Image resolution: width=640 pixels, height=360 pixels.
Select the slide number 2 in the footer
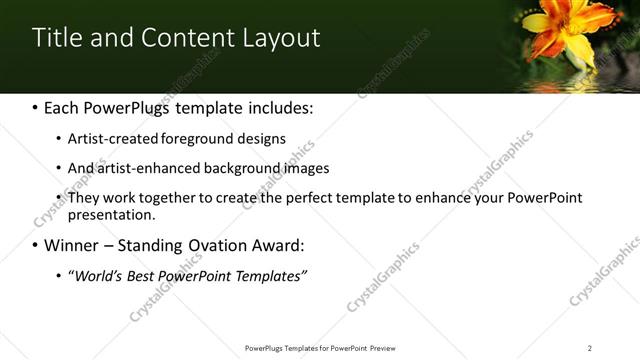[x=590, y=347]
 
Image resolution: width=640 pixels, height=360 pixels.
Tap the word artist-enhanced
[x=139, y=168]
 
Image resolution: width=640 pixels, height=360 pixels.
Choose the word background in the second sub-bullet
[x=236, y=168]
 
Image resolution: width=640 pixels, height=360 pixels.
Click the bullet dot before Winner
[x=36, y=245]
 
